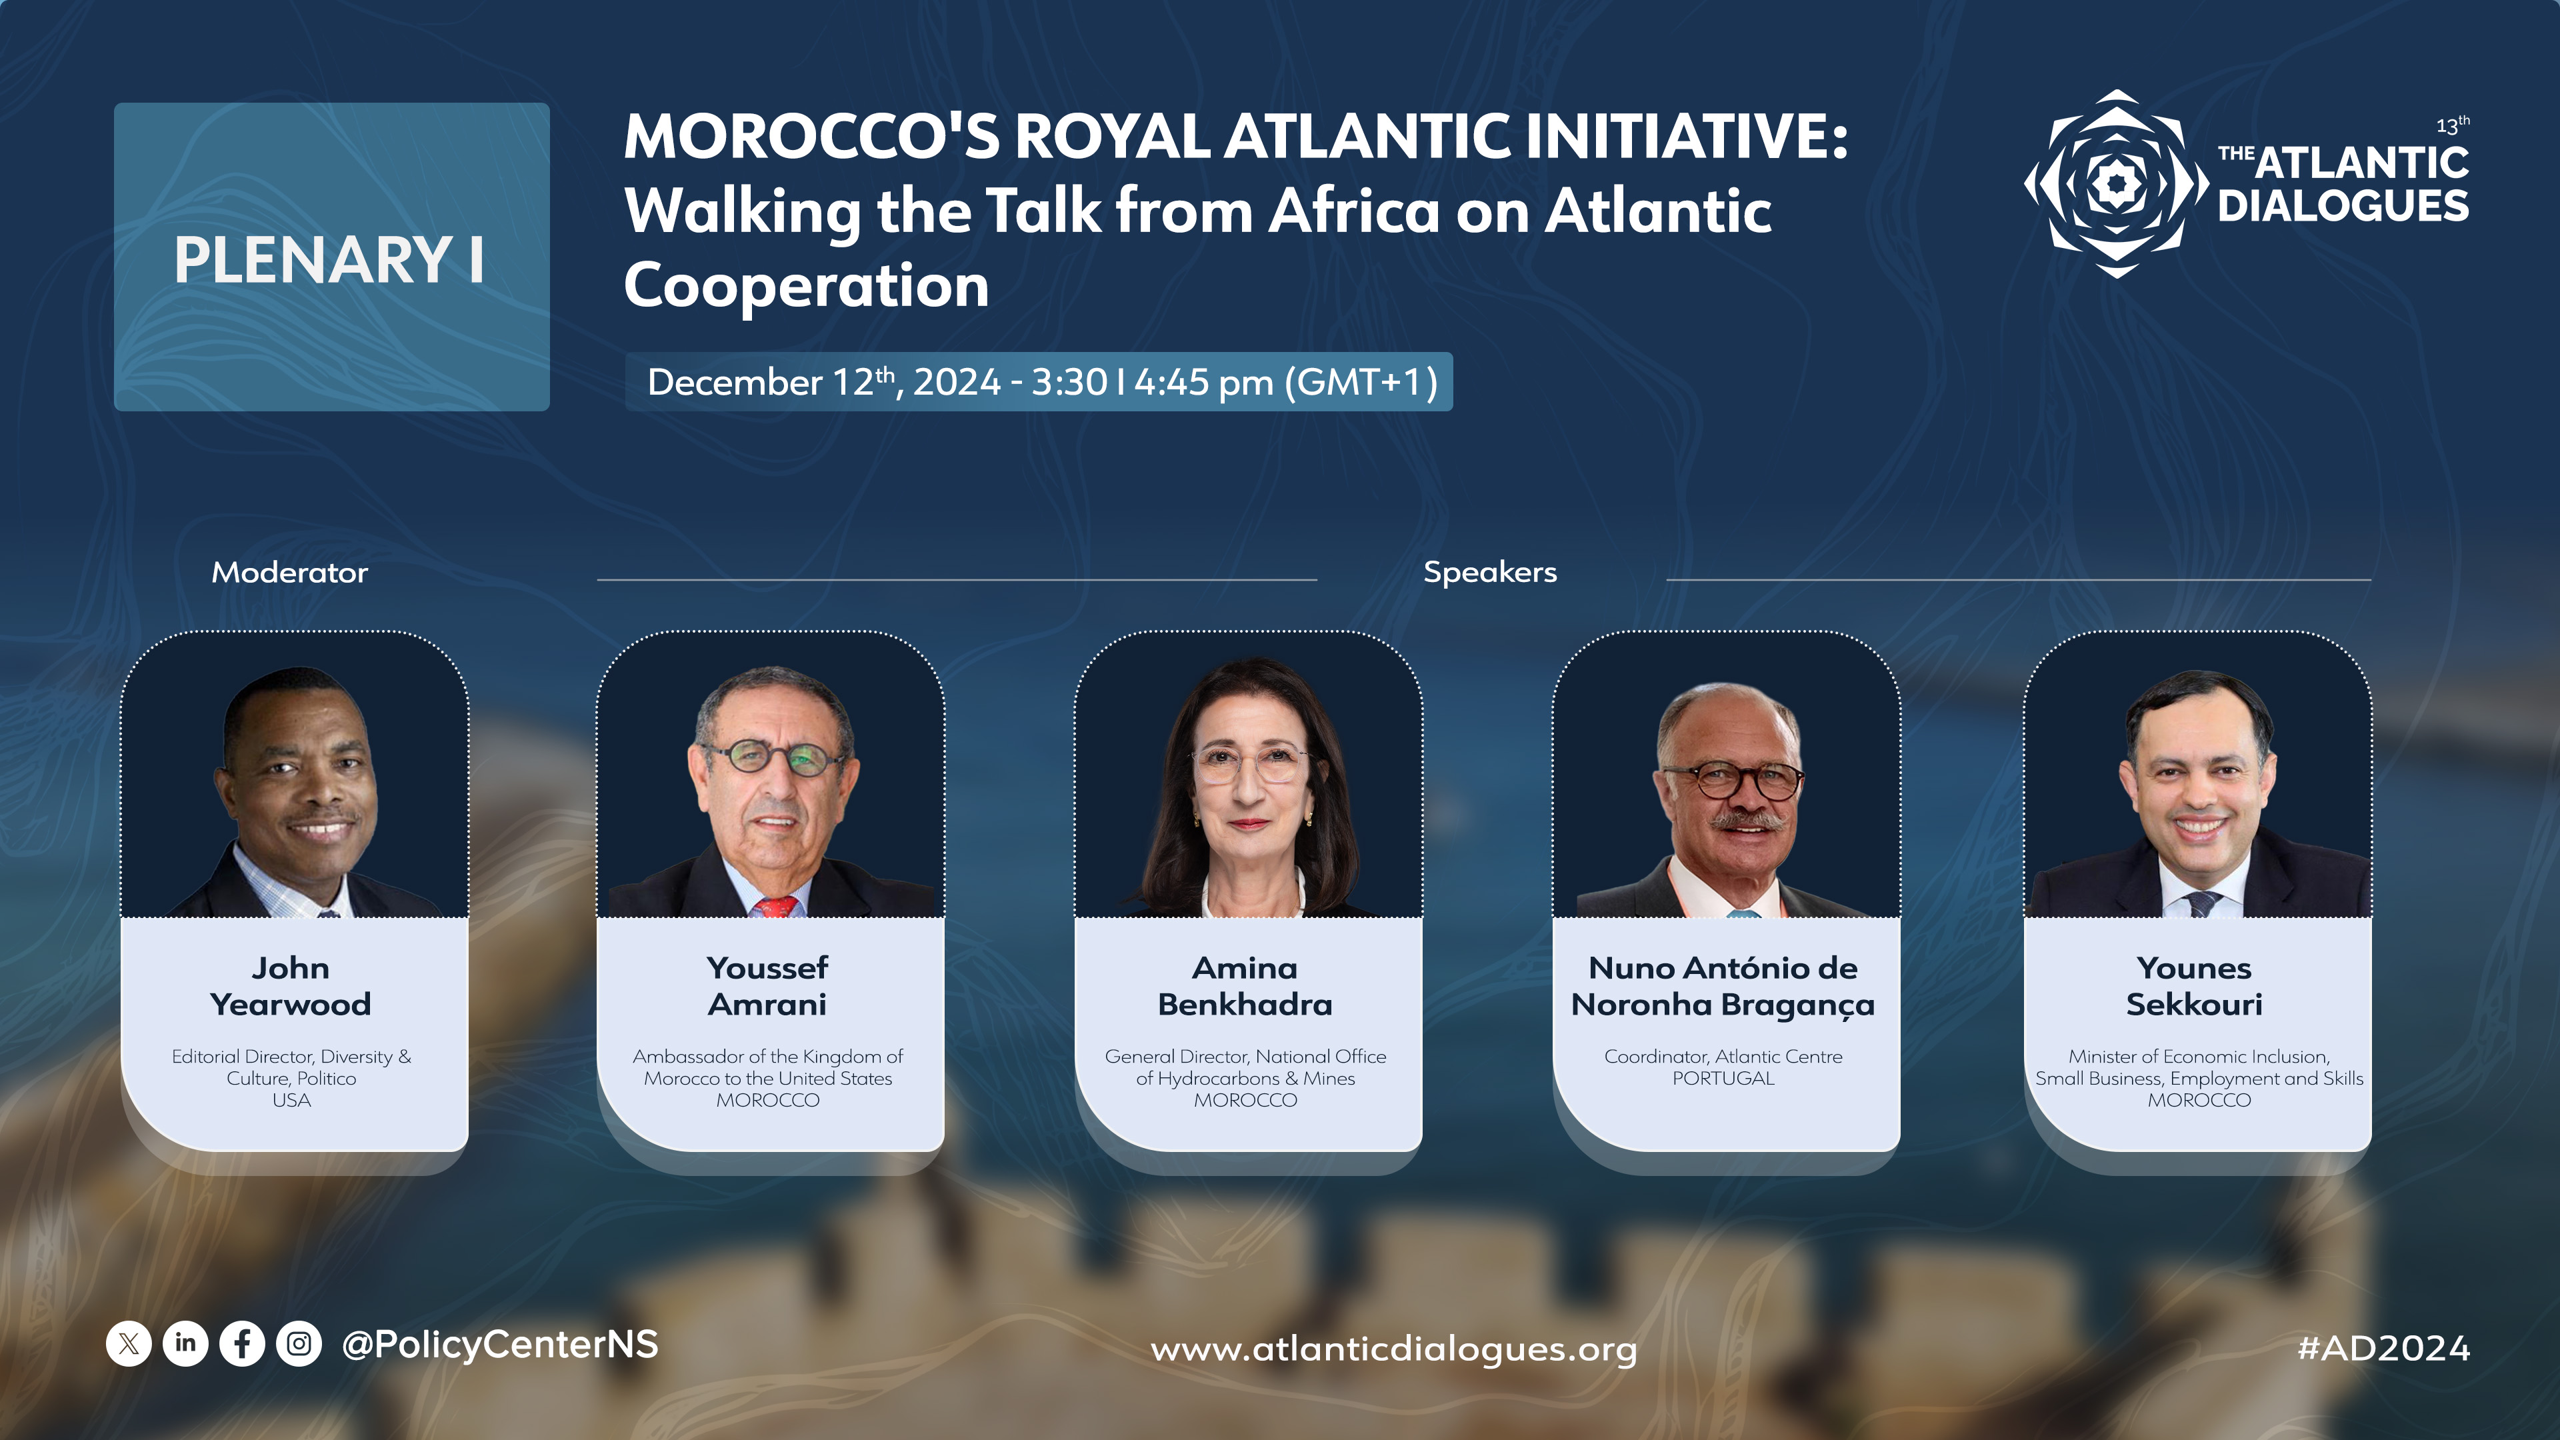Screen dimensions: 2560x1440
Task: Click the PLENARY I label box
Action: [x=331, y=257]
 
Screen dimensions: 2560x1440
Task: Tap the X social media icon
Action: [x=128, y=1345]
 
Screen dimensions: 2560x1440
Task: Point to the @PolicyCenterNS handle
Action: [x=500, y=1345]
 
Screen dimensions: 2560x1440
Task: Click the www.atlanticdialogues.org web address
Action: [x=1393, y=1349]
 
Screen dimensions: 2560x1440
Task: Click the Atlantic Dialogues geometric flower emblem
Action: [x=2117, y=184]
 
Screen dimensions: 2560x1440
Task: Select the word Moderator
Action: [x=289, y=573]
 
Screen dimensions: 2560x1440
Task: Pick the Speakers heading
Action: [x=1490, y=573]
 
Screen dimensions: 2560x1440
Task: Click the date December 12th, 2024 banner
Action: [x=1039, y=381]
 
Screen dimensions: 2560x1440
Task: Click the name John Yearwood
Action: [x=290, y=986]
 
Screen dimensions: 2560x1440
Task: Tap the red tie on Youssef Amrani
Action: [x=776, y=907]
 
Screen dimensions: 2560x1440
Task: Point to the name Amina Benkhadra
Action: [x=1245, y=986]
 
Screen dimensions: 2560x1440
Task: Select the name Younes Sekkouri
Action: [x=2194, y=986]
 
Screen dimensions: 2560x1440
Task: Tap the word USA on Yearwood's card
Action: [x=291, y=1100]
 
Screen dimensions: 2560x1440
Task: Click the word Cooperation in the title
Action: [x=806, y=286]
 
